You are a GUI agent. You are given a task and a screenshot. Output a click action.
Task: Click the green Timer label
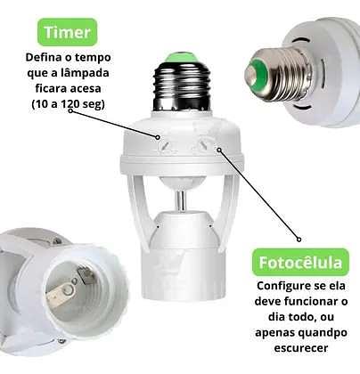tap(68, 32)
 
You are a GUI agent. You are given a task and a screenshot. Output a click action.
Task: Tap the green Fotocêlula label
tap(300, 262)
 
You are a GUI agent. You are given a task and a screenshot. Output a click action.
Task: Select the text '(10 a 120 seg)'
tap(69, 104)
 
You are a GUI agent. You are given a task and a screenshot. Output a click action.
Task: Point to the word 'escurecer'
tap(301, 347)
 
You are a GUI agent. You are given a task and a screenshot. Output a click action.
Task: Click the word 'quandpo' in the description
tap(323, 332)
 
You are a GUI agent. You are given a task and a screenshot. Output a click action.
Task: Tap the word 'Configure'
tap(282, 286)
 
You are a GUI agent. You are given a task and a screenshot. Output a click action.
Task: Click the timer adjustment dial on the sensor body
tap(164, 145)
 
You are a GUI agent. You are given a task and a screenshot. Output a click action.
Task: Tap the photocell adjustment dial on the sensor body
tap(205, 144)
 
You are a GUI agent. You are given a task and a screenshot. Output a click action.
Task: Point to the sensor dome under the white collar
tap(182, 183)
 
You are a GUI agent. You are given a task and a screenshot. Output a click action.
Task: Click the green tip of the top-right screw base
tap(254, 75)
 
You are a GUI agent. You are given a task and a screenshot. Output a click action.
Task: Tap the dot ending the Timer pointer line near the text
tap(70, 111)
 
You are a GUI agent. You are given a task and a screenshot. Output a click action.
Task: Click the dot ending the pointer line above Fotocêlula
tap(299, 240)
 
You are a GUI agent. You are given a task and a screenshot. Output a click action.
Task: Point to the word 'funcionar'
tap(309, 302)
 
